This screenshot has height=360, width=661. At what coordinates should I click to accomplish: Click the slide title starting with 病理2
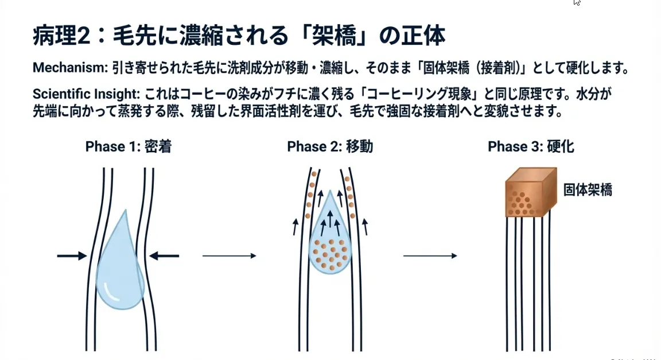point(239,36)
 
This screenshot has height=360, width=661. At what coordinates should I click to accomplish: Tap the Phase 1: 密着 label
point(128,146)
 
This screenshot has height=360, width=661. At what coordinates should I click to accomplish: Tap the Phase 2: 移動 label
point(330,146)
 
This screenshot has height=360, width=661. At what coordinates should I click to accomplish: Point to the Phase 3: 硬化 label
point(531,146)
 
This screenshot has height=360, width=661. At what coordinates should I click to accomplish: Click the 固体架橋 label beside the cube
point(587,190)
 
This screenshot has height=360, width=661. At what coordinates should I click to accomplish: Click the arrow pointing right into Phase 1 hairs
point(72,256)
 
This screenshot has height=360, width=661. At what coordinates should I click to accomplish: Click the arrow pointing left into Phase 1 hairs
point(164,256)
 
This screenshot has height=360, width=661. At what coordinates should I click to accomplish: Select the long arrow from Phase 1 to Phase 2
point(229,256)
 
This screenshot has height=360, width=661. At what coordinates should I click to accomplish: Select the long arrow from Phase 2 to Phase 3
point(430,256)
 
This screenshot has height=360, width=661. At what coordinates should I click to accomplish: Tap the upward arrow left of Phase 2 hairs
point(295,226)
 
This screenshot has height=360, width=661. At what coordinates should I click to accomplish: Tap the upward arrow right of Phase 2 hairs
point(366,226)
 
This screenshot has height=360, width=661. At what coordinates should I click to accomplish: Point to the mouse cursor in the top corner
point(577,3)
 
